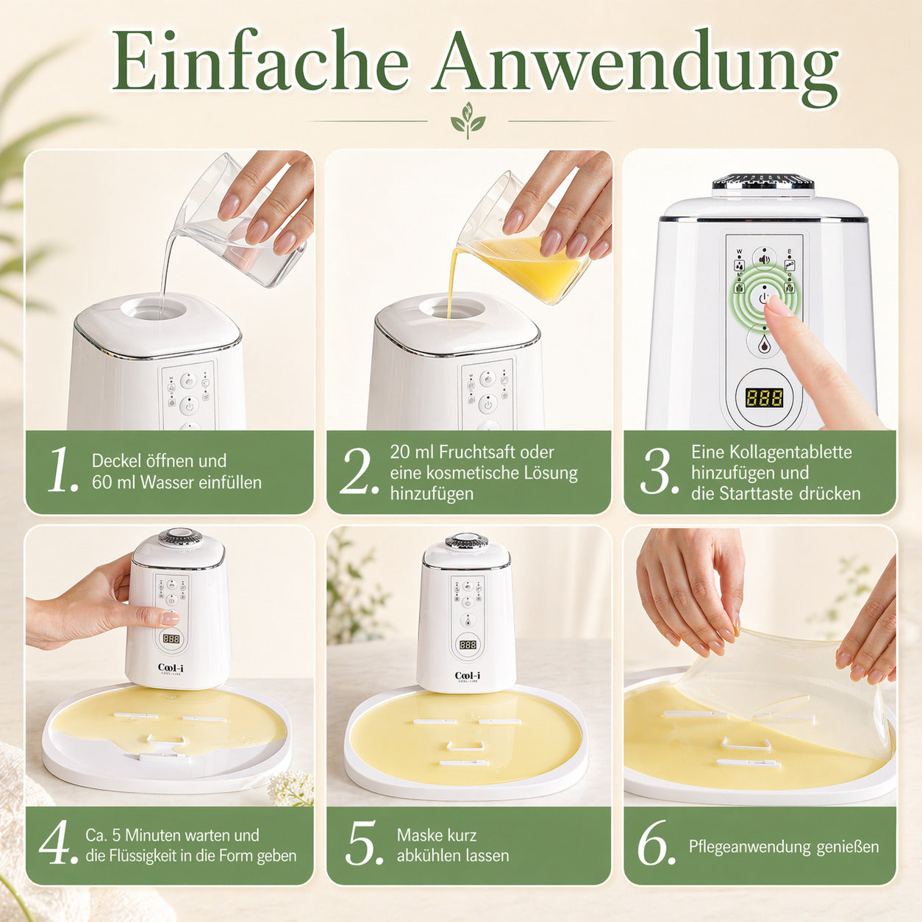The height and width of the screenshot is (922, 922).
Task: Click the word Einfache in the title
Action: tap(260, 63)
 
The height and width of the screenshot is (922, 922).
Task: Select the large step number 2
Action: tap(359, 471)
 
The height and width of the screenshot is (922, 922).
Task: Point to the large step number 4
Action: tap(58, 843)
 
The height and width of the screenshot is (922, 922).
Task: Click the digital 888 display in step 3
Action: tap(764, 398)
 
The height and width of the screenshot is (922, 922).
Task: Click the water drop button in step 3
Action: tap(764, 343)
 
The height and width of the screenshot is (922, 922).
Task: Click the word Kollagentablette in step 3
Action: tap(771, 451)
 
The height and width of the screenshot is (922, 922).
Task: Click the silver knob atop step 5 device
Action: tap(466, 542)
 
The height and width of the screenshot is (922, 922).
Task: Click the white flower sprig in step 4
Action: tap(291, 788)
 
